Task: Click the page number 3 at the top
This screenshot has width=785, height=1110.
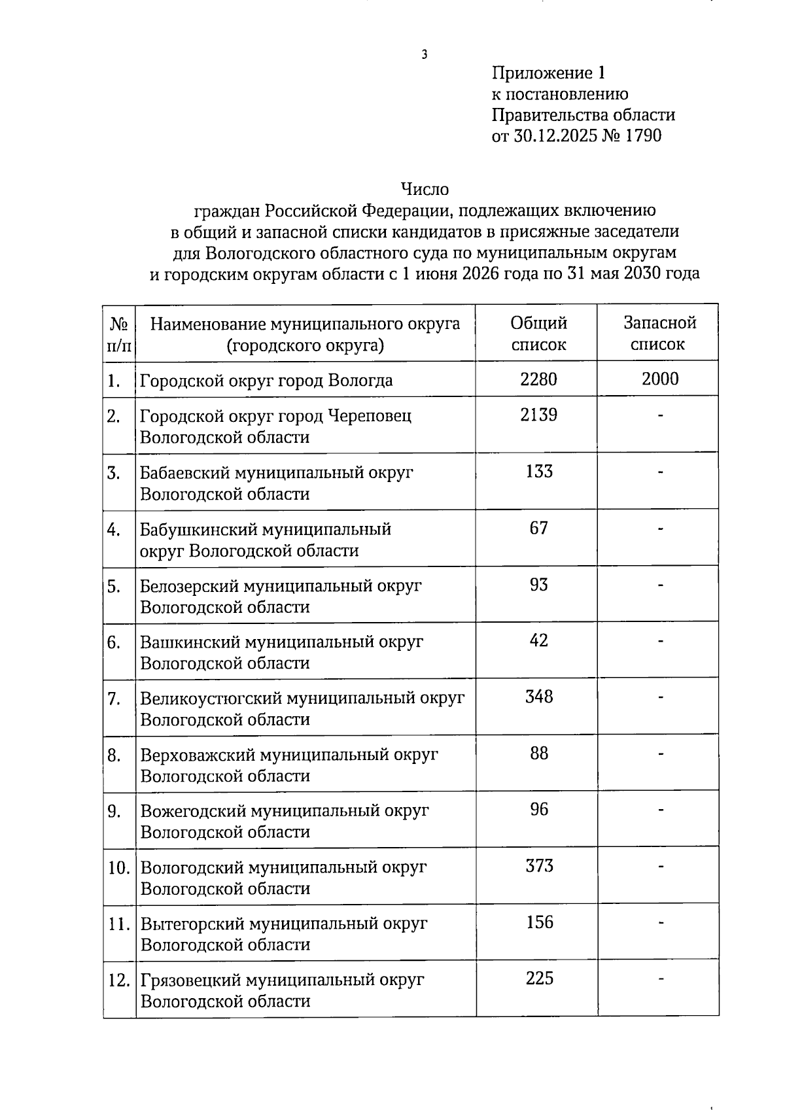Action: point(425,55)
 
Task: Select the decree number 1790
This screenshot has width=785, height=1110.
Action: point(644,136)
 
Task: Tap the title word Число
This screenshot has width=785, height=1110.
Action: point(425,190)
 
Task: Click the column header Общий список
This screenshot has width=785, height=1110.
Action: point(538,334)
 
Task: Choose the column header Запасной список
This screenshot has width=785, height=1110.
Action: point(659,334)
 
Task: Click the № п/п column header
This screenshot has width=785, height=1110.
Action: point(118,334)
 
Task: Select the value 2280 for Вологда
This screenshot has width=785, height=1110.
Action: point(538,379)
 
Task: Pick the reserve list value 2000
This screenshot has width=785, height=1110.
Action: point(660,379)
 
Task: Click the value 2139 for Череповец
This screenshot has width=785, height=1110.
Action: point(538,415)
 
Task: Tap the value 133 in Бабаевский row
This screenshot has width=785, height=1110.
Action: point(539,472)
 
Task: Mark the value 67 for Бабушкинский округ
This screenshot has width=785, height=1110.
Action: point(539,528)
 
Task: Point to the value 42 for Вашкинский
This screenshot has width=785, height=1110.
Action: point(539,640)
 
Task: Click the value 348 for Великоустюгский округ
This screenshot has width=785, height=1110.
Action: point(539,697)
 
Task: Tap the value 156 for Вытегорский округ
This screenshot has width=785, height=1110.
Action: point(540,922)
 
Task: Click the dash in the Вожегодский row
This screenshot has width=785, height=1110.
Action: point(661,810)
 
